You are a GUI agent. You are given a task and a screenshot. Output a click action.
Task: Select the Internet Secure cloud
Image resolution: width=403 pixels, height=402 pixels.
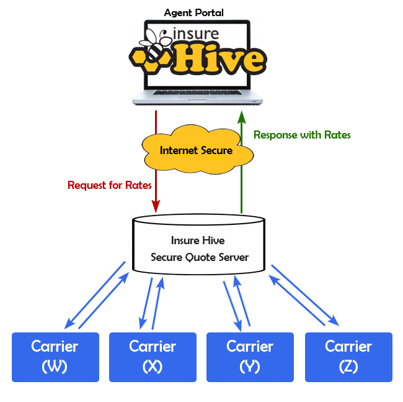pyautogui.click(x=196, y=150)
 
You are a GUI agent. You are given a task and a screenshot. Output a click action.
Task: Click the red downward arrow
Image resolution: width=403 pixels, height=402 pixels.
pyautogui.click(x=156, y=162)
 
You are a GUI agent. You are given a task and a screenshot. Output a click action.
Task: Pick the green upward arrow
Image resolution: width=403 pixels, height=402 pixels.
pyautogui.click(x=241, y=162)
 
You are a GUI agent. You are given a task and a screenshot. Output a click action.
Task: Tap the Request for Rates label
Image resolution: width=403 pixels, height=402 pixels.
pyautogui.click(x=110, y=185)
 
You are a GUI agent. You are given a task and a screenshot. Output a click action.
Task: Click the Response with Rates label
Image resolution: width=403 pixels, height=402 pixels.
pyautogui.click(x=303, y=134)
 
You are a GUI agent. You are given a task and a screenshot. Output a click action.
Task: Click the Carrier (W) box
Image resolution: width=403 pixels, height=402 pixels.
pyautogui.click(x=55, y=357)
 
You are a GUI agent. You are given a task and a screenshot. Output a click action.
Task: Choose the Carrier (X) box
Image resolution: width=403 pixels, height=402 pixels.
pyautogui.click(x=153, y=357)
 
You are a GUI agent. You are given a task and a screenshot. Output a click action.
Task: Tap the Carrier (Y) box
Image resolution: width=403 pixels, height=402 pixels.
pyautogui.click(x=250, y=357)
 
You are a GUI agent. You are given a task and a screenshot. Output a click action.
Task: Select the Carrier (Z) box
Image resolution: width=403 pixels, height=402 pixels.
pyautogui.click(x=348, y=357)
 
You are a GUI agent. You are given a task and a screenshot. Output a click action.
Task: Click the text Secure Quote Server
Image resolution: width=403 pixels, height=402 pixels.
pyautogui.click(x=200, y=257)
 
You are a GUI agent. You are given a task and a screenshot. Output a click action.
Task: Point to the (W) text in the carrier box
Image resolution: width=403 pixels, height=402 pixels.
pyautogui.click(x=55, y=367)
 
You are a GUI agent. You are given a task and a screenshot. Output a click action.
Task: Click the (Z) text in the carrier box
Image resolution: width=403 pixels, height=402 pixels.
pyautogui.click(x=348, y=367)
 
